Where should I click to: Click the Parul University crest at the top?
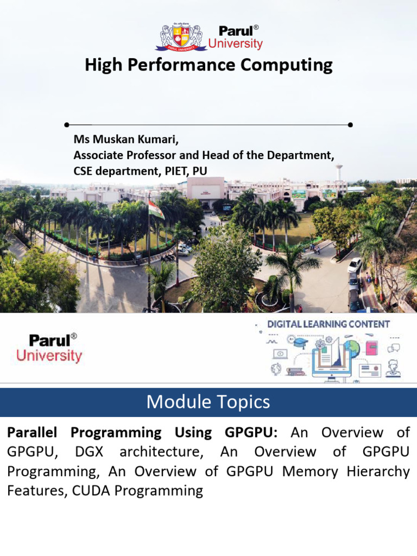click(x=181, y=38)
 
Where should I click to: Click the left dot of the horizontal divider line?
click(x=66, y=124)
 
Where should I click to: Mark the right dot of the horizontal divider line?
click(x=350, y=124)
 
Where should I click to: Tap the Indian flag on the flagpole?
click(x=156, y=210)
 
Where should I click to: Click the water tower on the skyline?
click(x=339, y=171)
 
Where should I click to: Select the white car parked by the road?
click(x=355, y=265)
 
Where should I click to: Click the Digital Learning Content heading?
click(x=328, y=324)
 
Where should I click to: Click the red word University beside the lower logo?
click(x=49, y=356)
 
